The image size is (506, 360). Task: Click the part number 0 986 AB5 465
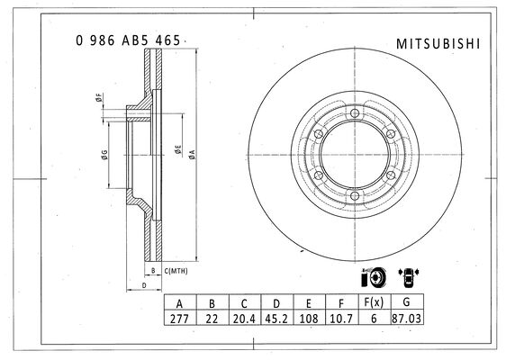128,40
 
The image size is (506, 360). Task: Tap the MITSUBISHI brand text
438,44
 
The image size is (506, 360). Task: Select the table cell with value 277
180,319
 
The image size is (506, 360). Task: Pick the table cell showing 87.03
407,319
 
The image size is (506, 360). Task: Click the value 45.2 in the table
276,319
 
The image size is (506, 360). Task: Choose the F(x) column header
374,302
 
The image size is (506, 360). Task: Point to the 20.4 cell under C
244,319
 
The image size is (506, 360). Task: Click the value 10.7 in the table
341,319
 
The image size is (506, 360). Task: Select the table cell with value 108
309,319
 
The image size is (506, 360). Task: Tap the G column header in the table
407,302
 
